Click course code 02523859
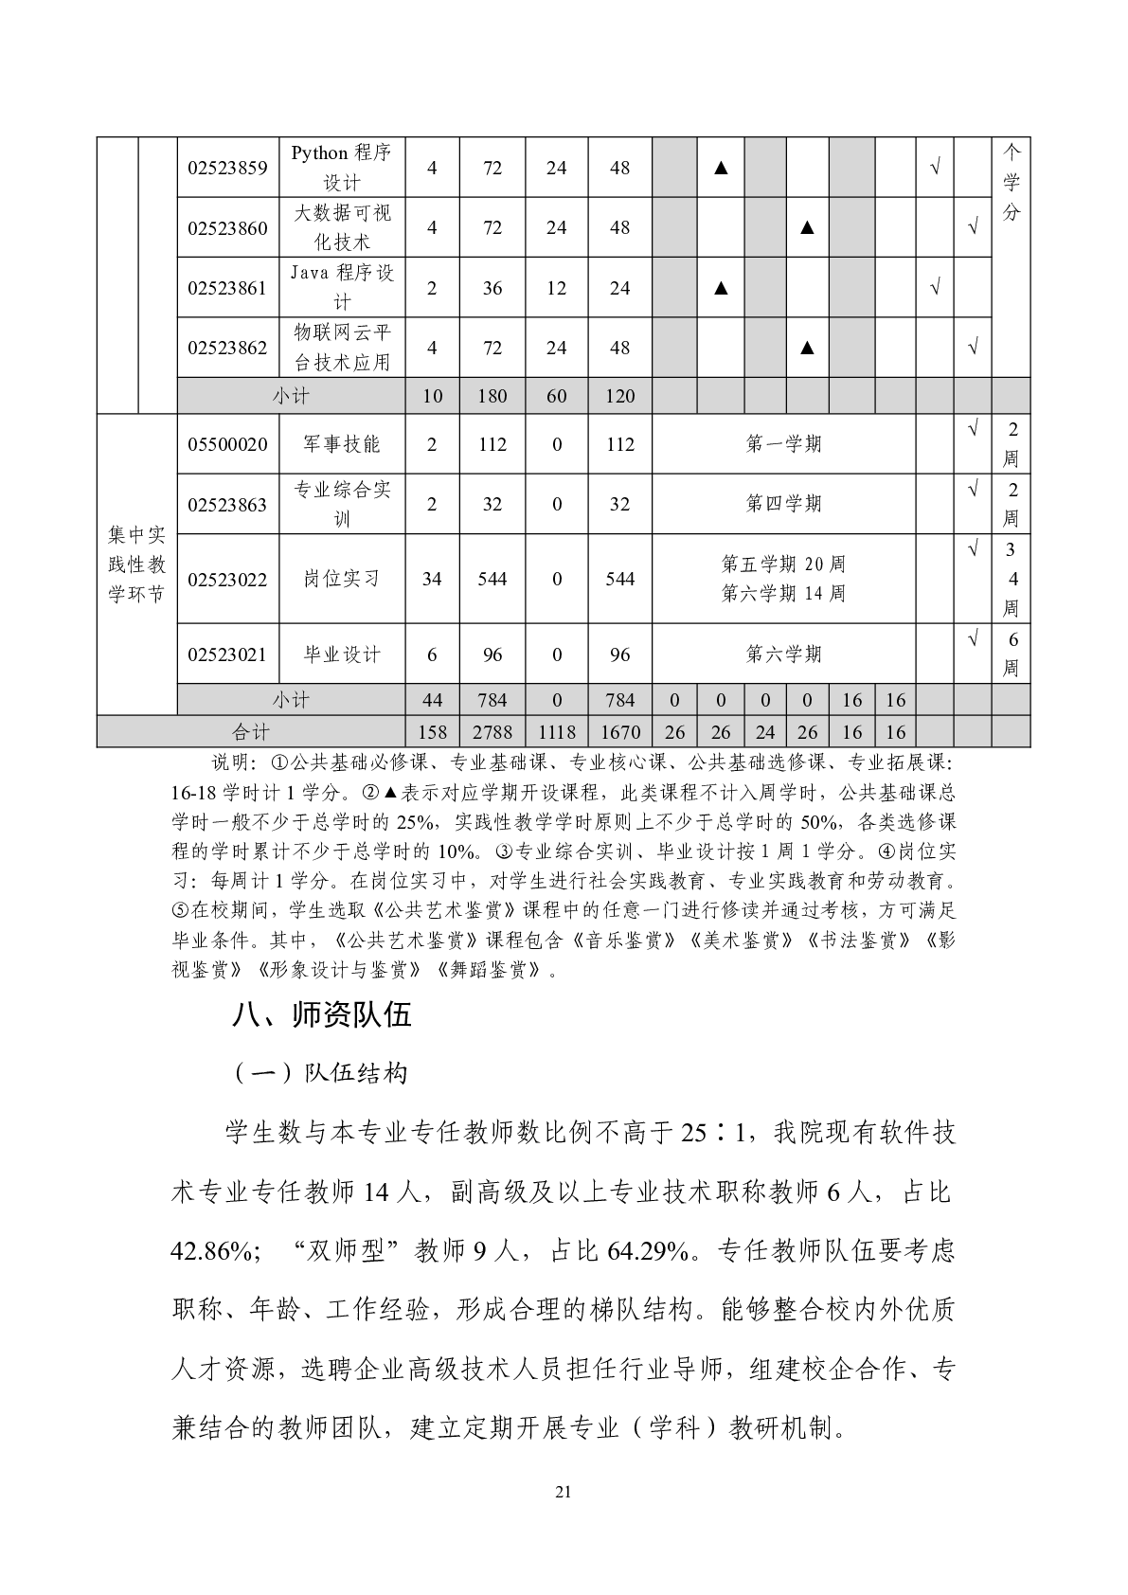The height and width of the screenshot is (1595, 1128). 227,168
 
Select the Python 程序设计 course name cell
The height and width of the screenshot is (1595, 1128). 341,168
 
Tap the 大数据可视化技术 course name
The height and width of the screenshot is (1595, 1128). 341,227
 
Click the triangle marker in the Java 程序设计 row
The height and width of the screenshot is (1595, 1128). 721,288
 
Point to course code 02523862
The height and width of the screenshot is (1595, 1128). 227,348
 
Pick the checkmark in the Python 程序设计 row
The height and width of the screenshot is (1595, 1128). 934,168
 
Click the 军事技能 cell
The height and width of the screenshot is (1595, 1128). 341,444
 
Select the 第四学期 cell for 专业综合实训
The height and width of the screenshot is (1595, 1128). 783,504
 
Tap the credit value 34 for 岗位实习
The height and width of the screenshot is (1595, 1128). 432,579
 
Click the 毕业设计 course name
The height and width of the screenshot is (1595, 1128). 341,654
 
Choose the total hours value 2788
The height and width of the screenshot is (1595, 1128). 492,732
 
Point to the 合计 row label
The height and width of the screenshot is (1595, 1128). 251,732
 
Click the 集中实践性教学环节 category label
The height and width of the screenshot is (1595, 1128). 136,565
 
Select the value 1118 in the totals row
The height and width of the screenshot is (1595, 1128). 556,732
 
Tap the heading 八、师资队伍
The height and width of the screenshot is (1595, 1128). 322,1015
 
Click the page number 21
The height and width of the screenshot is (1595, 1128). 564,1493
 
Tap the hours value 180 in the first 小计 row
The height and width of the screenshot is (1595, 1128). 492,396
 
